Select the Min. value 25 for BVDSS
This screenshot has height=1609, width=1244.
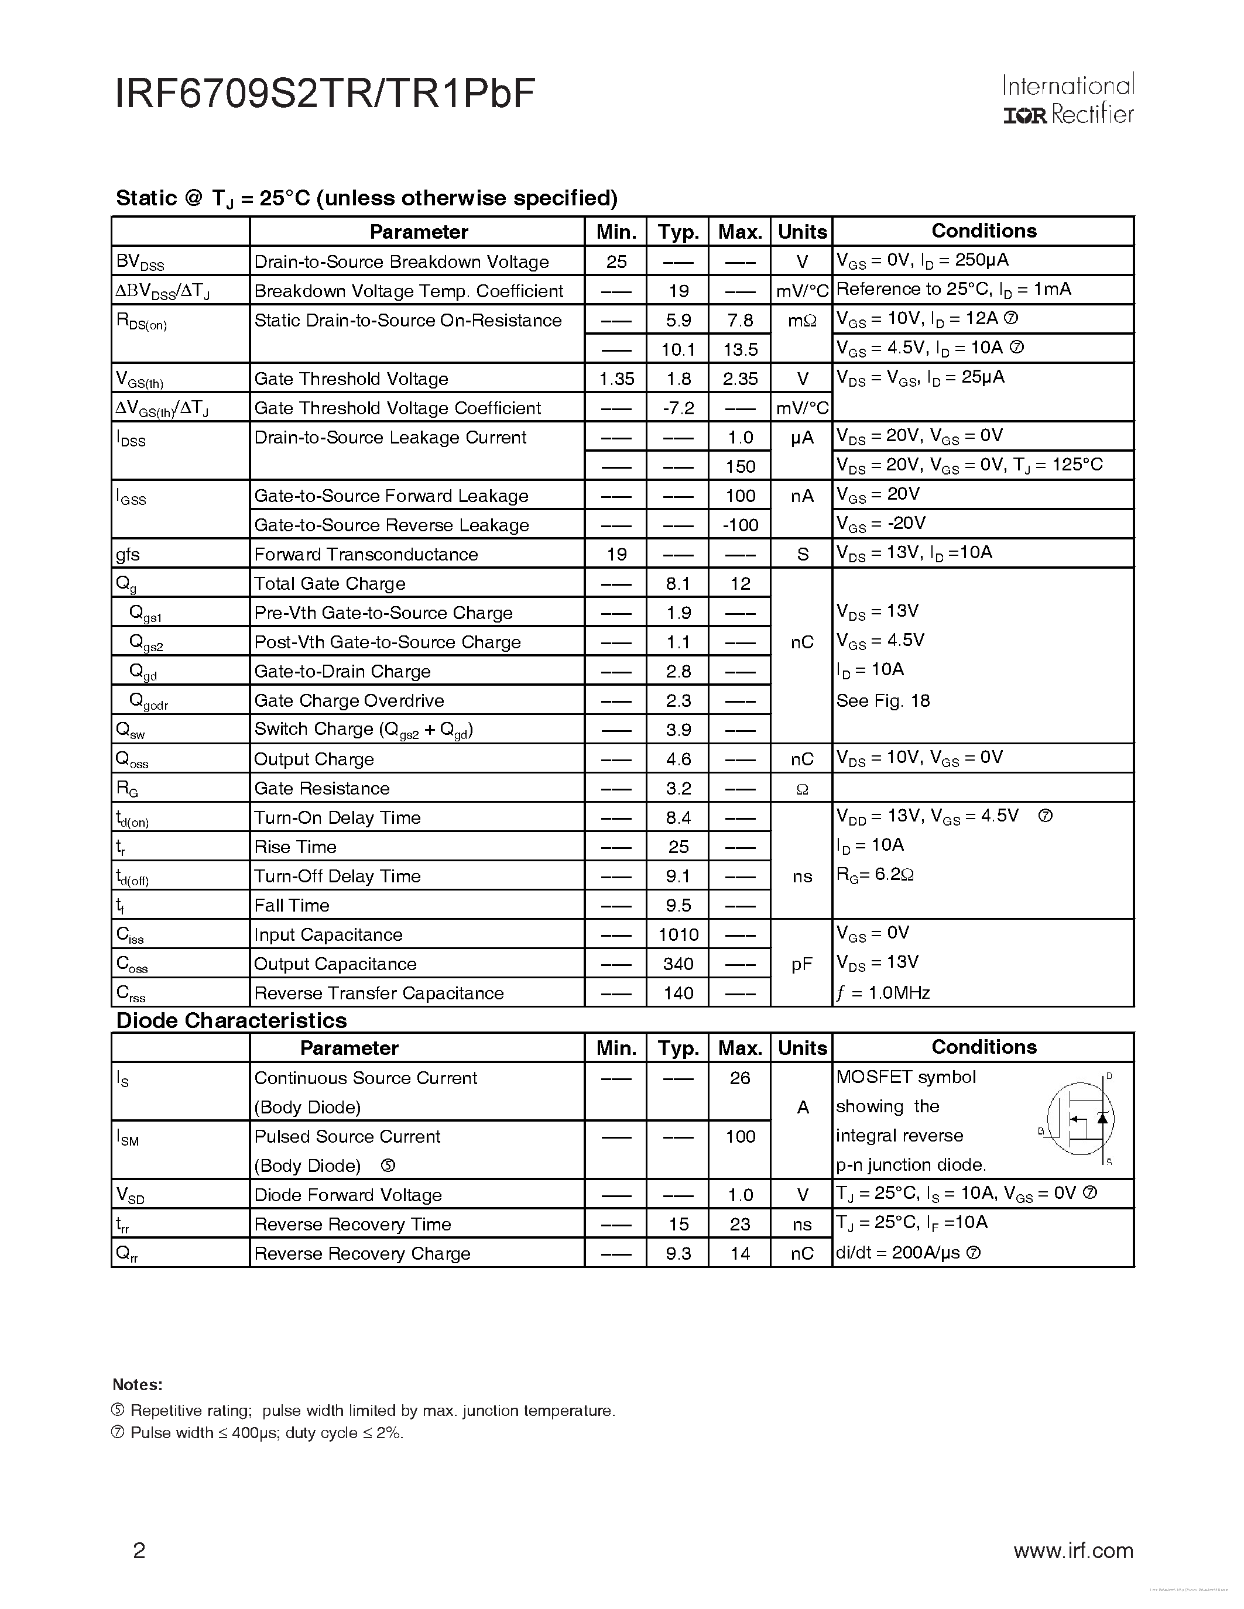[616, 262]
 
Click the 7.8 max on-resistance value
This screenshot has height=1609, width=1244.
[739, 319]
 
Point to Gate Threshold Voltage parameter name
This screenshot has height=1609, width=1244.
[351, 379]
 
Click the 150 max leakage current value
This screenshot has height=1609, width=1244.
[739, 466]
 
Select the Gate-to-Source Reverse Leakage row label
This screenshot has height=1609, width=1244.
[391, 525]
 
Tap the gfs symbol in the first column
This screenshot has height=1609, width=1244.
[128, 555]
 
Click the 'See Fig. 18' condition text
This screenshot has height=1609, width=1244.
[883, 700]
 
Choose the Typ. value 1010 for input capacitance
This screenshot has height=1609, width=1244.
[678, 935]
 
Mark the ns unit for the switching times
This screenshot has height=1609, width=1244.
[802, 876]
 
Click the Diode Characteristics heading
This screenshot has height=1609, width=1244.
[231, 1020]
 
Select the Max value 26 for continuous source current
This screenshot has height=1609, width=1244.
[739, 1078]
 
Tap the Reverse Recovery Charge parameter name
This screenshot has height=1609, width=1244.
[362, 1254]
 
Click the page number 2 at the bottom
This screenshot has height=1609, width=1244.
[139, 1551]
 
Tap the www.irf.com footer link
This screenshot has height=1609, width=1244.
[1073, 1551]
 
